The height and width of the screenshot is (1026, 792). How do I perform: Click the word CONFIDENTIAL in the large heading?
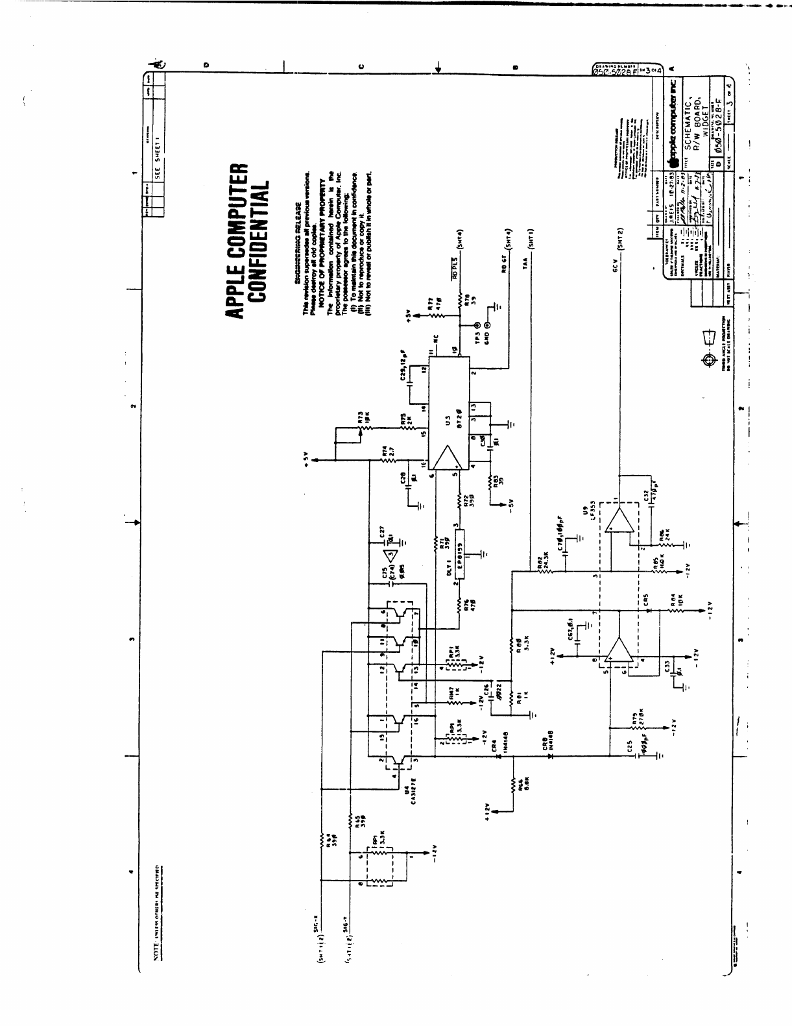click(259, 242)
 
